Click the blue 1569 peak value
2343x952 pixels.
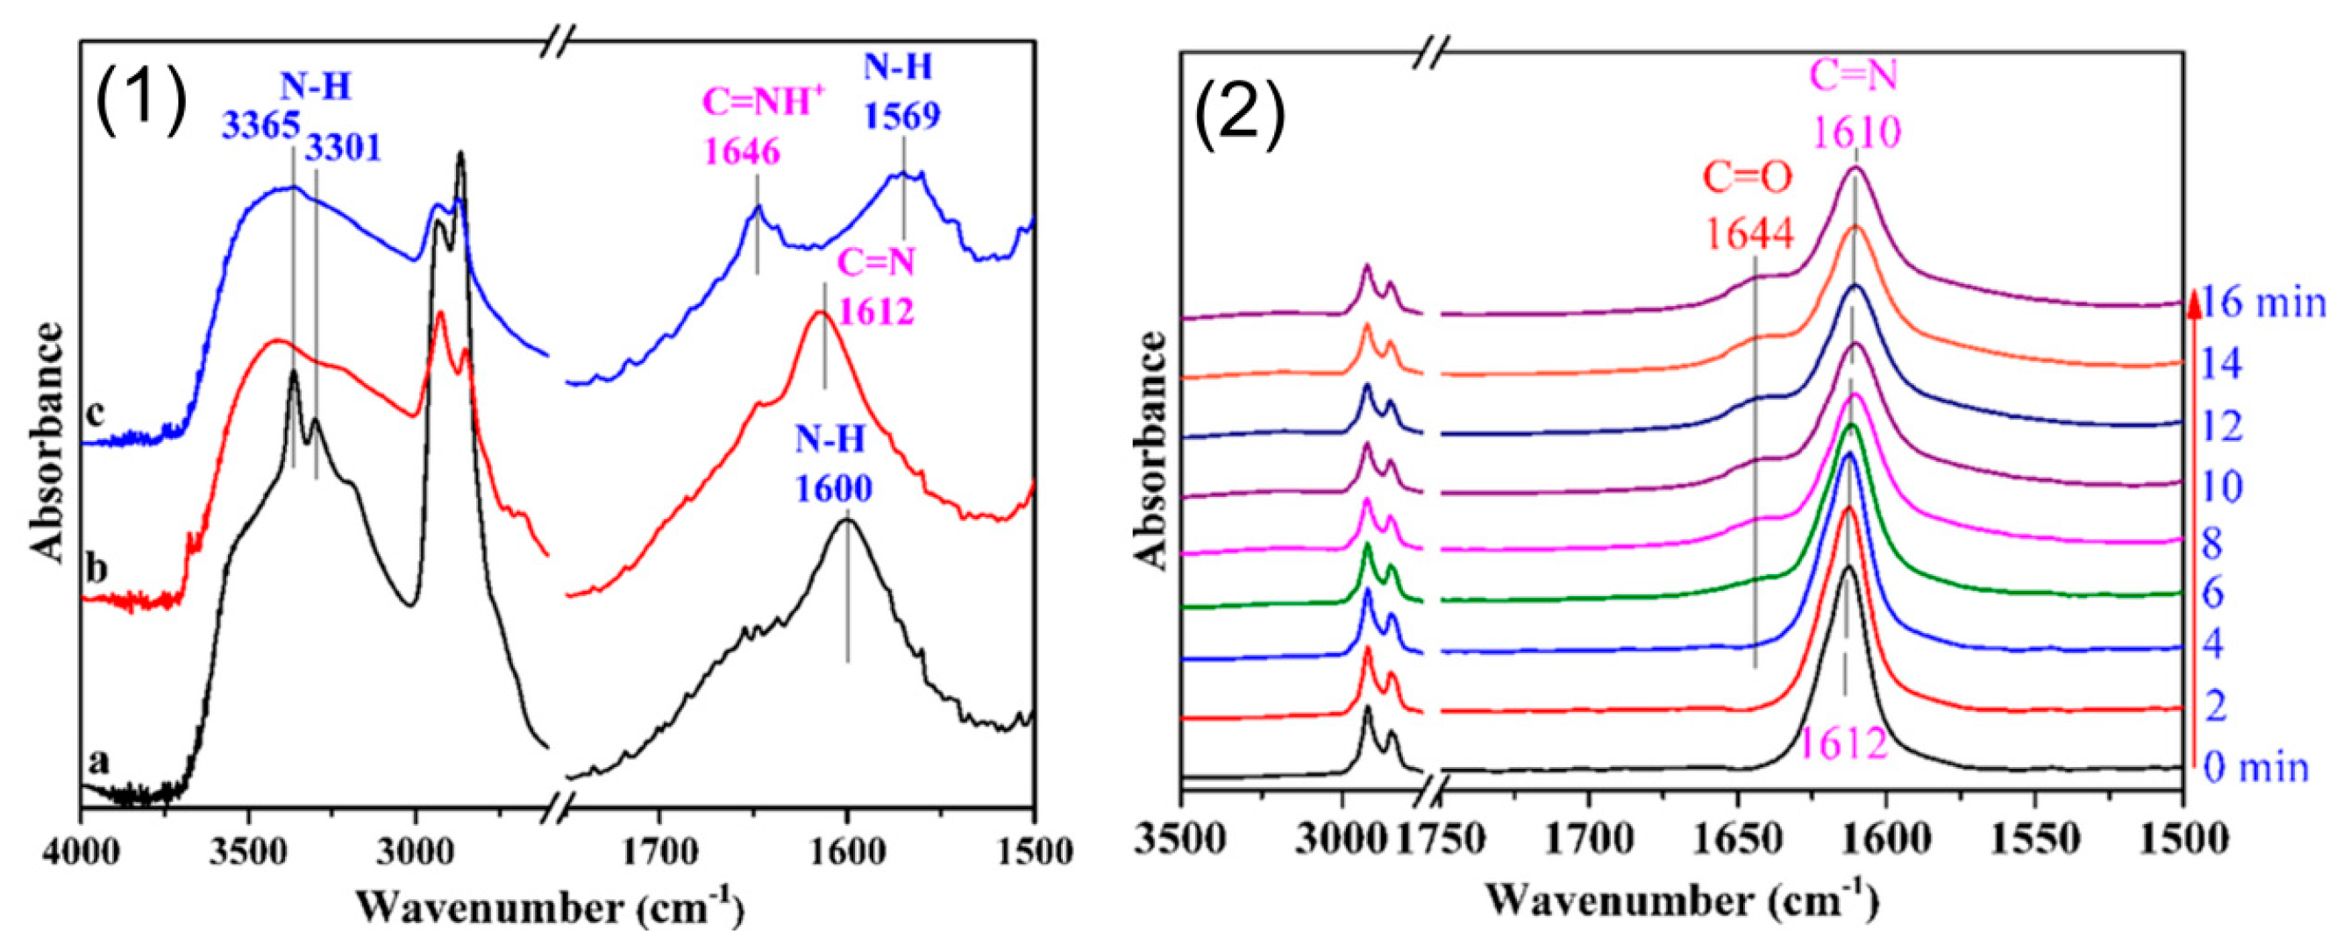click(x=901, y=116)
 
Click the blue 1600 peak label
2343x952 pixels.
click(x=833, y=488)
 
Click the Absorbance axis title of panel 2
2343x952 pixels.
click(x=1151, y=450)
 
